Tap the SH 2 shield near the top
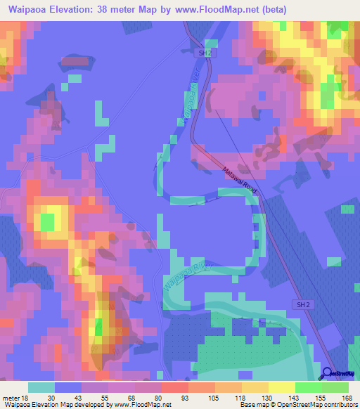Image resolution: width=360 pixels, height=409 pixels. [x=203, y=52]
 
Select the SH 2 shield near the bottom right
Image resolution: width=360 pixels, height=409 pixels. [x=300, y=303]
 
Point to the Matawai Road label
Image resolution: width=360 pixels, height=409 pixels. [x=241, y=181]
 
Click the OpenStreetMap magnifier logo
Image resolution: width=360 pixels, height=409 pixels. [x=328, y=374]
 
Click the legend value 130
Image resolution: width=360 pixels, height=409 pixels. [x=257, y=398]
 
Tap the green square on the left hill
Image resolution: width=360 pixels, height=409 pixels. [x=47, y=222]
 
